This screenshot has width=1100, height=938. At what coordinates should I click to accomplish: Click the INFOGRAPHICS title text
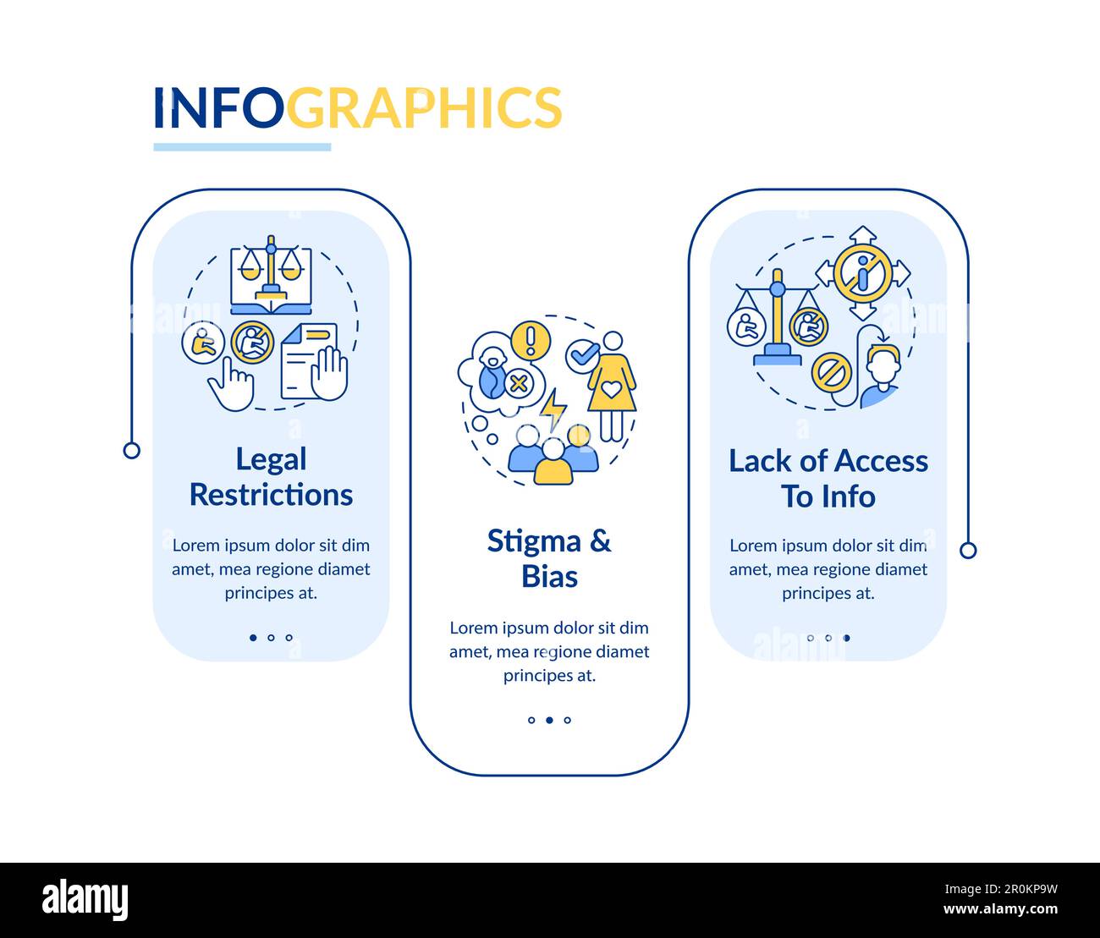[357, 107]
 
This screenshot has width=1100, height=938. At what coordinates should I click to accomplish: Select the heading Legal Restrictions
[271, 477]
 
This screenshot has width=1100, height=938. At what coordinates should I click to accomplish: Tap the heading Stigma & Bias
[549, 558]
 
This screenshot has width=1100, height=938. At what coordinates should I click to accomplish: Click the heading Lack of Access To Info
[828, 479]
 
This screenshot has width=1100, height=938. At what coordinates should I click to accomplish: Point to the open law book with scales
[271, 277]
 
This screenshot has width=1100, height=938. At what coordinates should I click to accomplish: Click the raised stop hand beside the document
[329, 372]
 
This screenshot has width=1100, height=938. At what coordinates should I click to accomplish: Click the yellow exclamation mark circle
[531, 338]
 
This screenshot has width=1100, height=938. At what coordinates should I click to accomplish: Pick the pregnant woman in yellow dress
[612, 386]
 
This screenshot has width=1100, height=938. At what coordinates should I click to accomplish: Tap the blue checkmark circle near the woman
[580, 353]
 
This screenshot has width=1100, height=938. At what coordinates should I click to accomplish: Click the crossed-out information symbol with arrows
[862, 273]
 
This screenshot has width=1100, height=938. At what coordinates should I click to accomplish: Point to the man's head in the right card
[883, 369]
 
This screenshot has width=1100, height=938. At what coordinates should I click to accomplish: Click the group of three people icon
[553, 454]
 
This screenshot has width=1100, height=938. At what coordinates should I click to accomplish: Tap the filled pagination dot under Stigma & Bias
[549, 721]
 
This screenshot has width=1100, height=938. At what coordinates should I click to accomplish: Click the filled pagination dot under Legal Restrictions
[253, 638]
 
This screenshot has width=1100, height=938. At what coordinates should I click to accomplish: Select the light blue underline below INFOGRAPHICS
[242, 147]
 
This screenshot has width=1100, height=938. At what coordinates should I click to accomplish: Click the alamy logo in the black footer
[85, 900]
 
